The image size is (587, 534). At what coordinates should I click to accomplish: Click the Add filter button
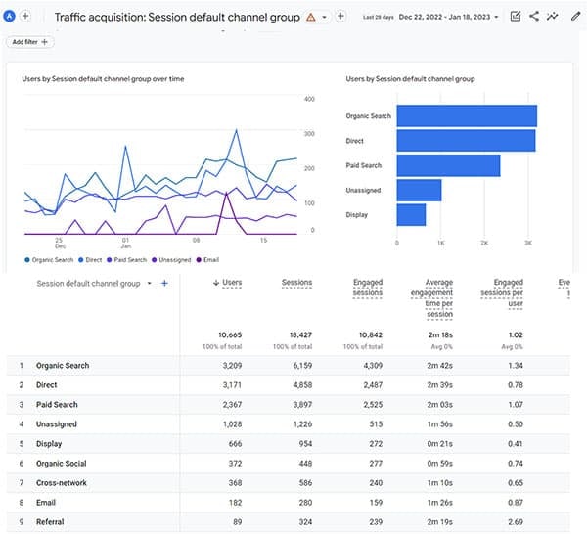pyautogui.click(x=30, y=42)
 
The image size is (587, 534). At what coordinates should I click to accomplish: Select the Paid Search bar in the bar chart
pyautogui.click(x=448, y=165)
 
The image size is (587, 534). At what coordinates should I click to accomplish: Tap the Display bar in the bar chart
pyautogui.click(x=411, y=214)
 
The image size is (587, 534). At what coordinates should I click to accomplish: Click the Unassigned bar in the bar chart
pyautogui.click(x=419, y=190)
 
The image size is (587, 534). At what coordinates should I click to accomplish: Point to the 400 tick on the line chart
pyautogui.click(x=309, y=99)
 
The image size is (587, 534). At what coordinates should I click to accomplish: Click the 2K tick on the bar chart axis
pyautogui.click(x=484, y=243)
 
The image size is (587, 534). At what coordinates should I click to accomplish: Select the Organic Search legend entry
pyautogui.click(x=51, y=259)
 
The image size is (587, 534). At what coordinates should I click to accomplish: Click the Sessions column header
pyautogui.click(x=296, y=283)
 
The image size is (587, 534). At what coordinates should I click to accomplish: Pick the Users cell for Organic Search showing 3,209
pyautogui.click(x=229, y=366)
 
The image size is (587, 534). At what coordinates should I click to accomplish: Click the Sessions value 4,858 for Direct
pyautogui.click(x=298, y=385)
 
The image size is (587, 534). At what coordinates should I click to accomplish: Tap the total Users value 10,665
pyautogui.click(x=228, y=334)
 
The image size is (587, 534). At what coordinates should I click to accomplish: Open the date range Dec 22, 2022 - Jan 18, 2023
pyautogui.click(x=449, y=17)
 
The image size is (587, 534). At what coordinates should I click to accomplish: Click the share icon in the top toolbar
pyautogui.click(x=534, y=17)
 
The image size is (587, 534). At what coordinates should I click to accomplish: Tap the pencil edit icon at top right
pyautogui.click(x=575, y=17)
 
